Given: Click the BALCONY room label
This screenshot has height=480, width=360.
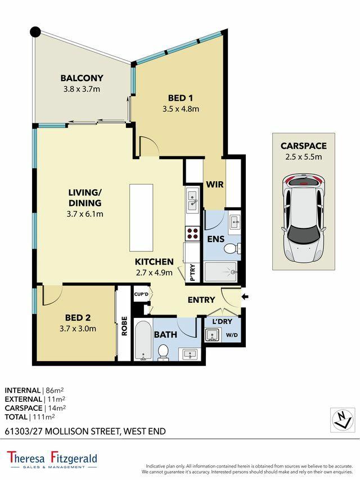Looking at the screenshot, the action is [x=82, y=78].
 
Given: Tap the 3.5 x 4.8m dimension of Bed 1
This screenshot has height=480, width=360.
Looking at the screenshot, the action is [x=181, y=109].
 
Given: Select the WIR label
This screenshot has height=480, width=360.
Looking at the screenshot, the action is [x=215, y=185].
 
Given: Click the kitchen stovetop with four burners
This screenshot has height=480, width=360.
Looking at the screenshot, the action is [x=192, y=234].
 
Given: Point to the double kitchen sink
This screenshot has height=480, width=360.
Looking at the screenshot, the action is [x=192, y=200].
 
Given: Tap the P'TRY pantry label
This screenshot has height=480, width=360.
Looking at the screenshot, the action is [x=192, y=272].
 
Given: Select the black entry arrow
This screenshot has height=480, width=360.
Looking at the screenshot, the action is [x=245, y=297].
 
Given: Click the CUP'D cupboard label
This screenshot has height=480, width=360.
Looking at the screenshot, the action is [x=141, y=294].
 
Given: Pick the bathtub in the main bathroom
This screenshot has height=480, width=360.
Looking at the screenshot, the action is [x=143, y=340].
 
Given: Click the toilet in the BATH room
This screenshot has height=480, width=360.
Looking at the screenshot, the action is [x=163, y=352].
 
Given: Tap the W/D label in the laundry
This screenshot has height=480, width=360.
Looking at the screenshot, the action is [x=232, y=335].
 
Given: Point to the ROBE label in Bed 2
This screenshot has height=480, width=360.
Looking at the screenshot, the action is [x=124, y=326].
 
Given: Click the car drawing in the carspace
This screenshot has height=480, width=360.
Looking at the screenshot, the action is [x=304, y=218].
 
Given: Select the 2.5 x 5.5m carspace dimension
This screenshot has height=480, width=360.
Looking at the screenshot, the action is [x=304, y=157].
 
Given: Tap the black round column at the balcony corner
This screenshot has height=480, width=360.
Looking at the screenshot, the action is [x=35, y=31].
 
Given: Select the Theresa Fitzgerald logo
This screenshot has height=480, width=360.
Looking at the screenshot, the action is [x=52, y=460].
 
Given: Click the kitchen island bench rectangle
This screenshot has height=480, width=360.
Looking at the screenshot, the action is [x=141, y=218].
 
